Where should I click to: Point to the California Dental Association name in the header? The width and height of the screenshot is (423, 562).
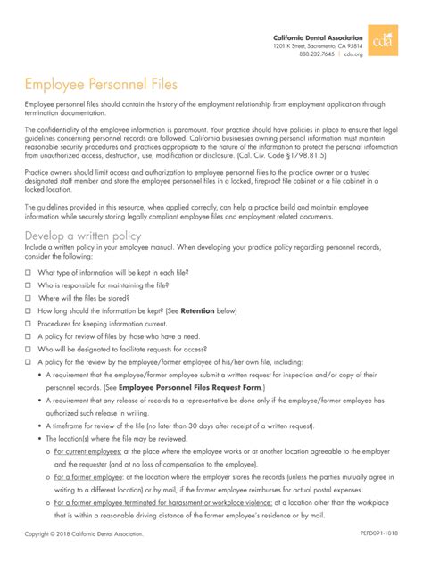[318, 37]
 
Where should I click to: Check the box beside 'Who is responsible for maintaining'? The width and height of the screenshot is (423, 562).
[29, 285]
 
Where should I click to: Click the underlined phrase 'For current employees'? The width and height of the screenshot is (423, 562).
[86, 452]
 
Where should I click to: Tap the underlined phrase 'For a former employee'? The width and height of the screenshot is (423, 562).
[87, 477]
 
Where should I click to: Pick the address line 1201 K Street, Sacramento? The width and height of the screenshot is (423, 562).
[318, 45]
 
